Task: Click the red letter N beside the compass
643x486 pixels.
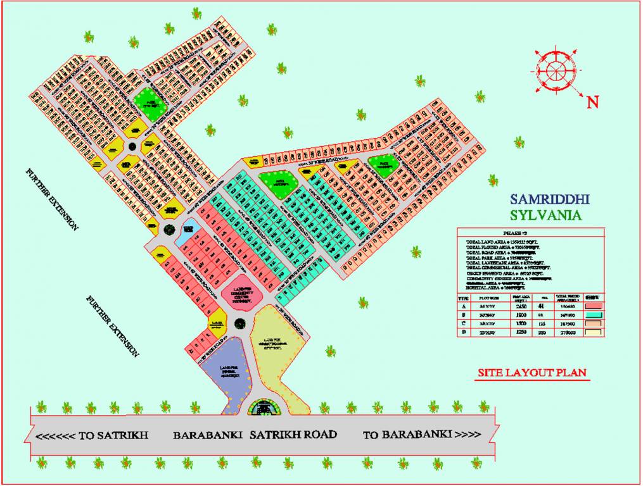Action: (x=592, y=102)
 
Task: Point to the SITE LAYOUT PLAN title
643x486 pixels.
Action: (x=532, y=373)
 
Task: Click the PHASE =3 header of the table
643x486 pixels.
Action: (x=530, y=232)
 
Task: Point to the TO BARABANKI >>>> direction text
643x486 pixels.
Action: (x=422, y=435)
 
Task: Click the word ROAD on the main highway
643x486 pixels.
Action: (x=317, y=435)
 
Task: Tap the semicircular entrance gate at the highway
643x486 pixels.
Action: (x=267, y=408)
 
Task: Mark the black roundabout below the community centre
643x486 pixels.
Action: (x=239, y=324)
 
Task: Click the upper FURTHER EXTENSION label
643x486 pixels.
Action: (x=51, y=199)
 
